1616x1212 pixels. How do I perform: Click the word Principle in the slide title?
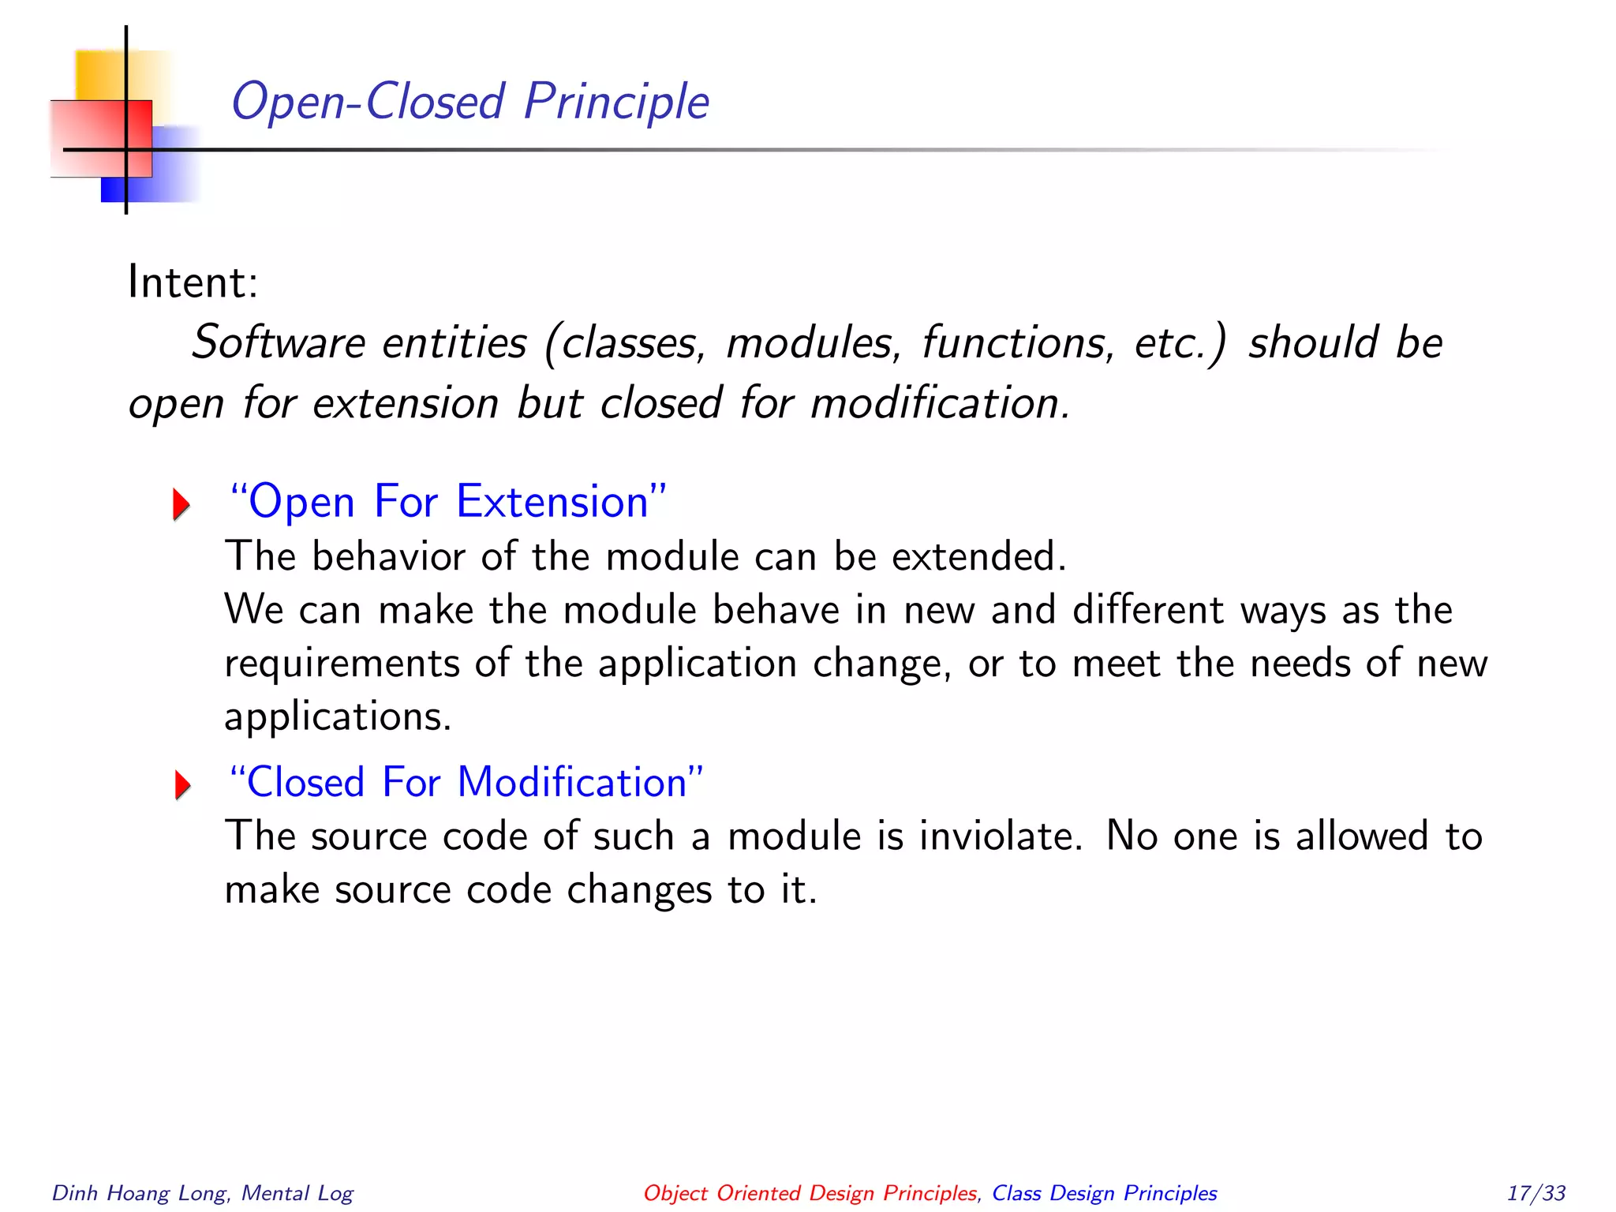coord(616,102)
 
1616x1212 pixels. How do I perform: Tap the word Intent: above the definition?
coord(193,282)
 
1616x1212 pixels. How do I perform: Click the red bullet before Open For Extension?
coord(181,504)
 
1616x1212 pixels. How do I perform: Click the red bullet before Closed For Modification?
coord(182,785)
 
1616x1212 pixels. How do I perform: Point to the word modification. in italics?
coord(940,402)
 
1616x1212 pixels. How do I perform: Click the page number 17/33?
coord(1536,1192)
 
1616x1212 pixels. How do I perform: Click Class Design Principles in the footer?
coord(1104,1193)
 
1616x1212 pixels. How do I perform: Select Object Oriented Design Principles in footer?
coord(810,1193)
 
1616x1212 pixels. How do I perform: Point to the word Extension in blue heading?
coord(552,502)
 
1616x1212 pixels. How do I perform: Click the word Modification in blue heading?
coord(572,783)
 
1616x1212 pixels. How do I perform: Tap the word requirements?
coord(342,664)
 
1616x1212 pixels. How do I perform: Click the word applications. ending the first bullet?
coord(338,716)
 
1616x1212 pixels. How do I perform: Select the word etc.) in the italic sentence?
coord(1180,342)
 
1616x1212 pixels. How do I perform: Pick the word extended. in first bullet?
coord(978,556)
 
